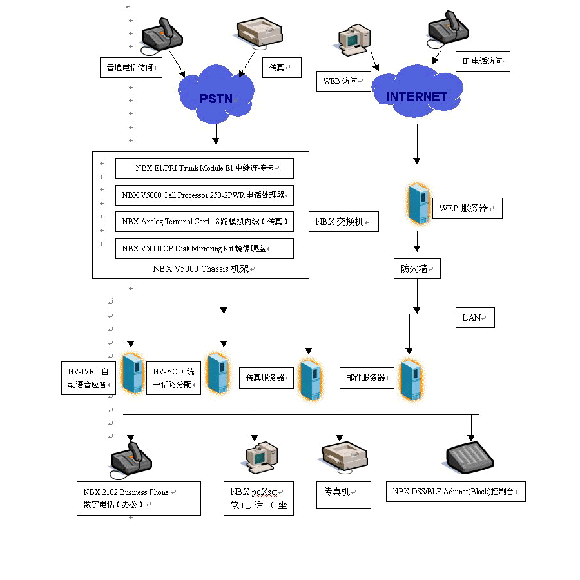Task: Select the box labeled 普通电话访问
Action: (x=130, y=67)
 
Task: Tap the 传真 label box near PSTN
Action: (x=282, y=67)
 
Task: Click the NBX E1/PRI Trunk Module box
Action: (x=204, y=168)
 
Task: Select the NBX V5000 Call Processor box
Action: (x=204, y=195)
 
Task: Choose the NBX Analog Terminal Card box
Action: (x=204, y=222)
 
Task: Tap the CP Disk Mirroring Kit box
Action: (x=204, y=248)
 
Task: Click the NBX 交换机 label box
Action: (x=343, y=222)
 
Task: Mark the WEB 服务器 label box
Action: (x=467, y=208)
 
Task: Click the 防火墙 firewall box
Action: (x=417, y=268)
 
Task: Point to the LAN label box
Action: (x=475, y=318)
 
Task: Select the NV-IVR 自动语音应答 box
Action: (x=88, y=378)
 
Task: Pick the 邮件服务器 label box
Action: (x=366, y=378)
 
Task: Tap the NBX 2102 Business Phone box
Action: (x=138, y=498)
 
